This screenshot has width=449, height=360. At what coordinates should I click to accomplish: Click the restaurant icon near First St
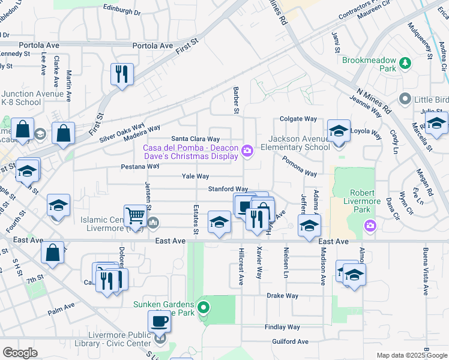pos(122,74)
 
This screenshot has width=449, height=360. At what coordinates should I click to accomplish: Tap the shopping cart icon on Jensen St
pos(136,215)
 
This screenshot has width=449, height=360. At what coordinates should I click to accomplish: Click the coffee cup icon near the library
pos(159,321)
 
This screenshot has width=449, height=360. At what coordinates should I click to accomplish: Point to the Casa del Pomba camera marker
pos(247,149)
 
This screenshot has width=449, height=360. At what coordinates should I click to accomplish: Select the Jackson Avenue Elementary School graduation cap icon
pos(339,131)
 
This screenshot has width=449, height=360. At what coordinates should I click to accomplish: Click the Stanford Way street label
pos(228,189)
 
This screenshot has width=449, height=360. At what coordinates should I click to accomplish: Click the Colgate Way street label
pos(298,119)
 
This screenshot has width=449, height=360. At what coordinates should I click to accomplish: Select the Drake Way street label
pos(283,296)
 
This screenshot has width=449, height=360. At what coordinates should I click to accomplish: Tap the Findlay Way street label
pos(285,327)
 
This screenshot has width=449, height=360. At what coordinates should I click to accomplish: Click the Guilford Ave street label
pos(289,342)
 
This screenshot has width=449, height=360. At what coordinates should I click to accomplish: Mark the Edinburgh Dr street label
pos(121,11)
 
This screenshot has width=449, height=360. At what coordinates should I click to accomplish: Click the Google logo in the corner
pos(20,353)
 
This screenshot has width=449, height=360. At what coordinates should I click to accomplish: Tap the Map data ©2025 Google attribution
pos(411,355)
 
